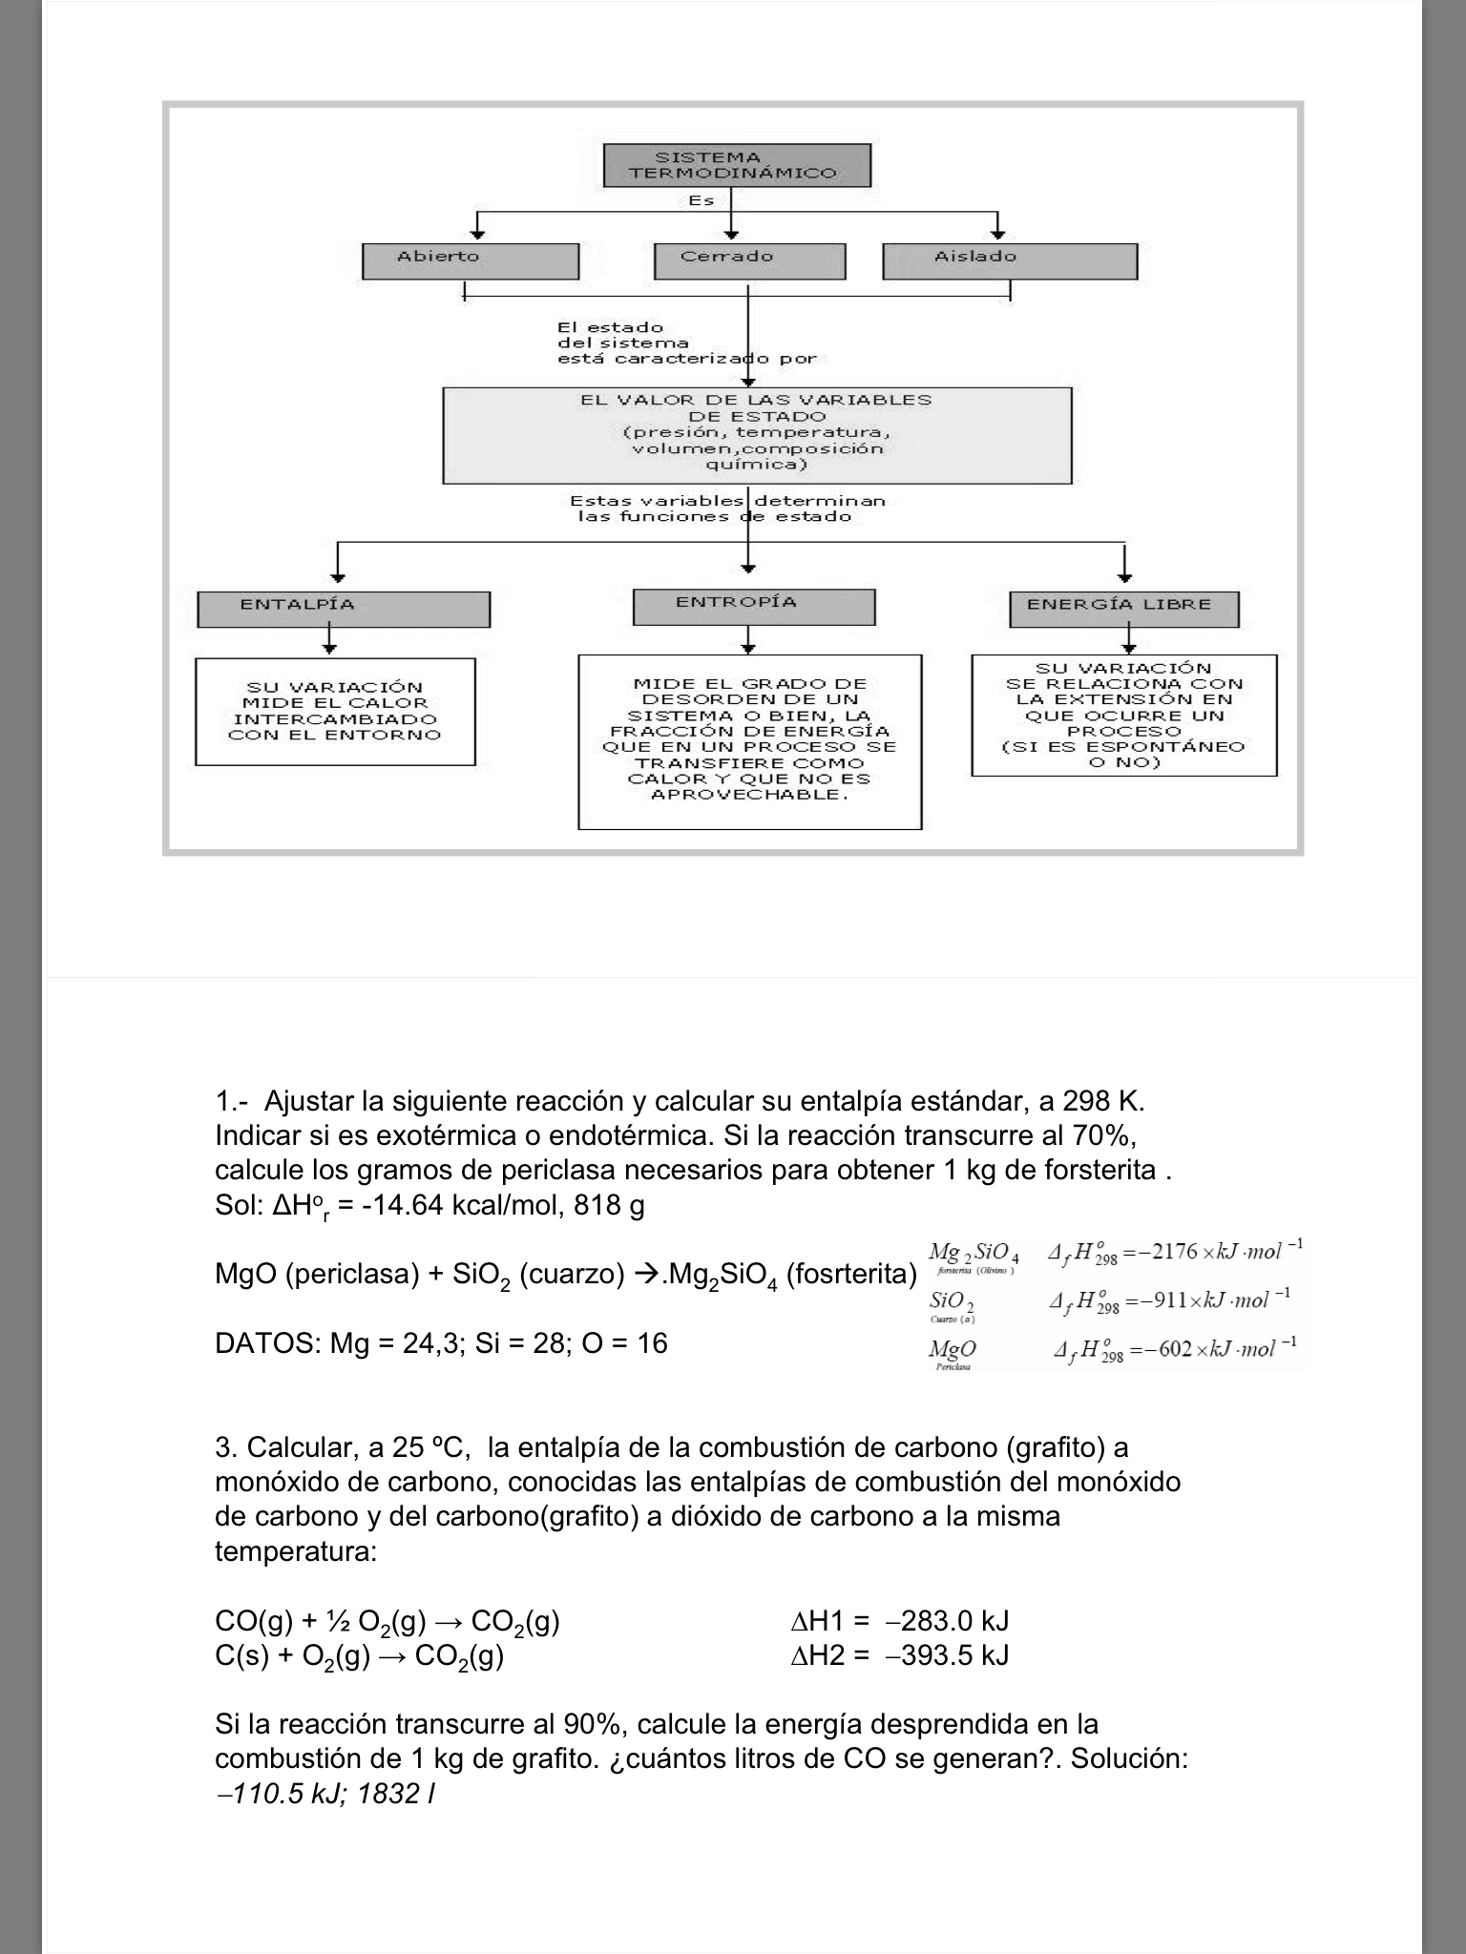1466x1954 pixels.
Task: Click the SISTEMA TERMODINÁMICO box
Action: coord(737,165)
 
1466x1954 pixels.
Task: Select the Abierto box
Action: coord(471,260)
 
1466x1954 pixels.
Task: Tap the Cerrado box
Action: coord(749,260)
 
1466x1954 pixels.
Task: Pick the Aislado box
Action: coord(1009,260)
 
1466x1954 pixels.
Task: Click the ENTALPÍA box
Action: coord(344,609)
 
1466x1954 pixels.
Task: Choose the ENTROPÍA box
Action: coord(754,607)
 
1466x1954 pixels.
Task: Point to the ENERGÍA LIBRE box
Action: coord(1123,609)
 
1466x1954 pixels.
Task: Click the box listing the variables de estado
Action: coord(757,434)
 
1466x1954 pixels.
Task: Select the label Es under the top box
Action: coord(702,201)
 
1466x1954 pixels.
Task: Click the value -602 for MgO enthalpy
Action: coord(1169,1349)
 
